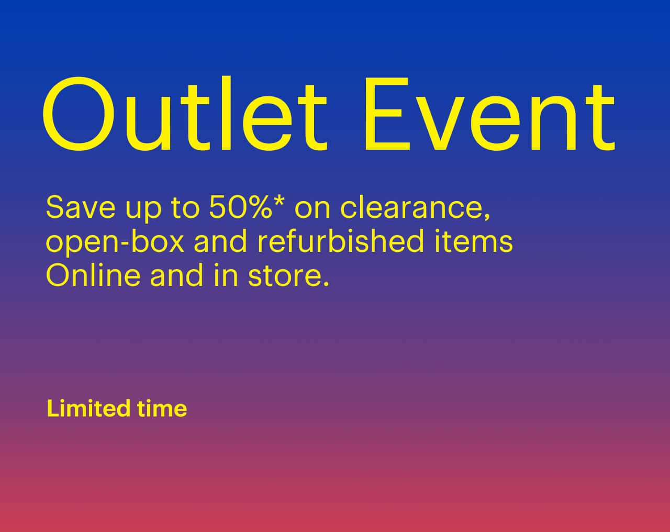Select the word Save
(x=80, y=207)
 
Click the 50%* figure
(x=246, y=207)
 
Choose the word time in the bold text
(x=162, y=408)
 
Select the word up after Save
(x=143, y=210)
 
